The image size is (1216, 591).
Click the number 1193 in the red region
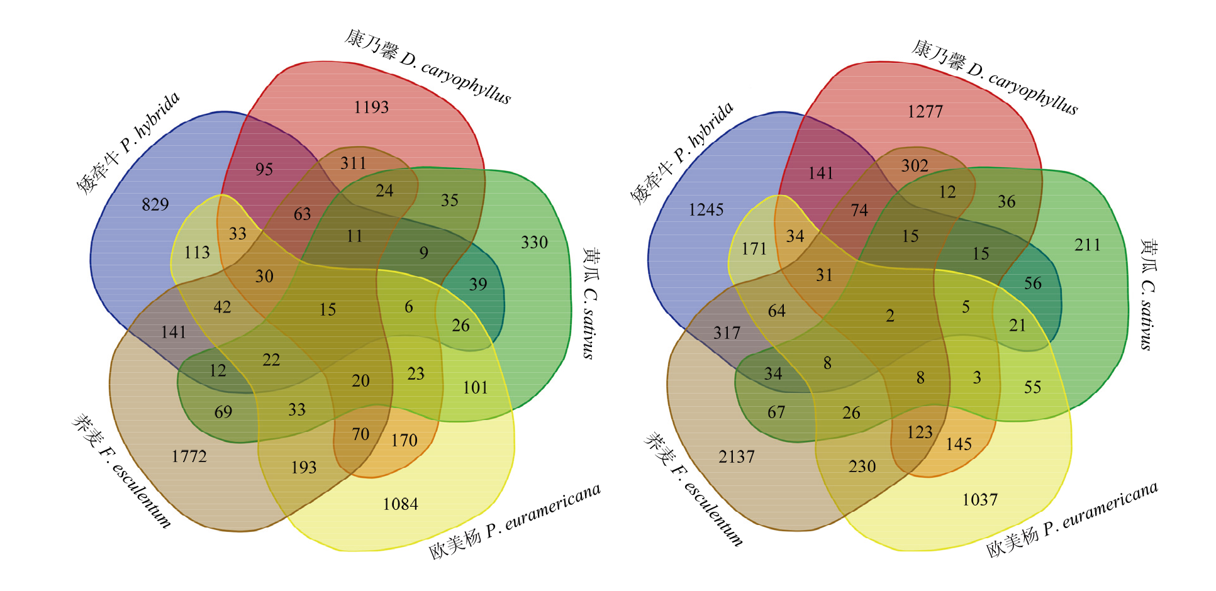371,108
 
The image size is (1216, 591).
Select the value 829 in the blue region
155,204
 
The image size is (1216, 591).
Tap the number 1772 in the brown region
189,456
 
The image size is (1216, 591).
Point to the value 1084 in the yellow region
401,504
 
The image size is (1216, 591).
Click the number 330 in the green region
534,243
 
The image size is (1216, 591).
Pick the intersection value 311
354,163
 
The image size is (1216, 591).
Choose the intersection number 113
197,253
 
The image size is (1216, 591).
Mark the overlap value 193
304,468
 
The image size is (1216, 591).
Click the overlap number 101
476,388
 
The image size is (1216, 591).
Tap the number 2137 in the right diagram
737,457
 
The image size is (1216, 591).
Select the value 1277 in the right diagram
925,112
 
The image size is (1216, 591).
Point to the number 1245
706,210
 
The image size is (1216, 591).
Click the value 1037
980,500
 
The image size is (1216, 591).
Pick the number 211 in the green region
1088,245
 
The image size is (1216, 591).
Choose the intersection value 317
727,333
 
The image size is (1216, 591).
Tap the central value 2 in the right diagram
890,316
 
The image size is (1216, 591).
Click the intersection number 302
915,166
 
